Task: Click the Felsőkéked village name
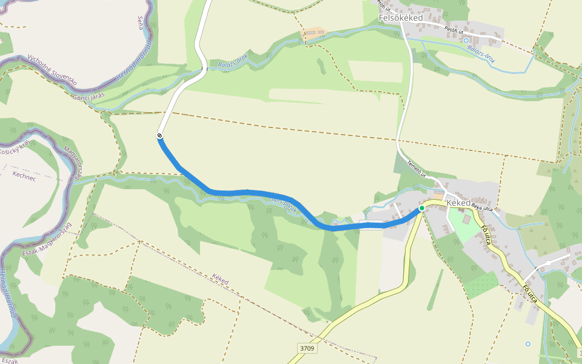click(x=401, y=18)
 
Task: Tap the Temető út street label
click(x=417, y=167)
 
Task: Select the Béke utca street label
click(x=482, y=207)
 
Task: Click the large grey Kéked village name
click(x=458, y=203)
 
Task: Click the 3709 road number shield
click(x=307, y=348)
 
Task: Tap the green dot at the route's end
click(x=422, y=208)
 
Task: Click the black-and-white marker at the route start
click(x=159, y=136)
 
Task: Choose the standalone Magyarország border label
click(x=73, y=164)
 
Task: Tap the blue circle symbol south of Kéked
click(x=527, y=344)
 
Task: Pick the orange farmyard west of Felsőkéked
click(x=313, y=35)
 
